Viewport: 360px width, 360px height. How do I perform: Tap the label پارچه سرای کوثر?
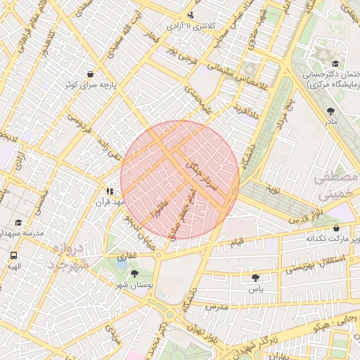click(90, 85)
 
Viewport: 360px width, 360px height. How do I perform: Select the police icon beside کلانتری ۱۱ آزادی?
click(192, 15)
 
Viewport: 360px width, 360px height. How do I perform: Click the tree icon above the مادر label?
click(330, 111)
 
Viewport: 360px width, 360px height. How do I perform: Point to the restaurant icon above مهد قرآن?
click(110, 191)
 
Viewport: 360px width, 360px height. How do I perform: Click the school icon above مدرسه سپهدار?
click(18, 222)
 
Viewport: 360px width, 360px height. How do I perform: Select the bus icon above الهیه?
click(14, 255)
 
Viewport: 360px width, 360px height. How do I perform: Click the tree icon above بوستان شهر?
click(134, 274)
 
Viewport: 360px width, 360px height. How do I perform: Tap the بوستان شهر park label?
click(134, 285)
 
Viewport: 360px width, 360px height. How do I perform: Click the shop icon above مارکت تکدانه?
click(337, 228)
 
